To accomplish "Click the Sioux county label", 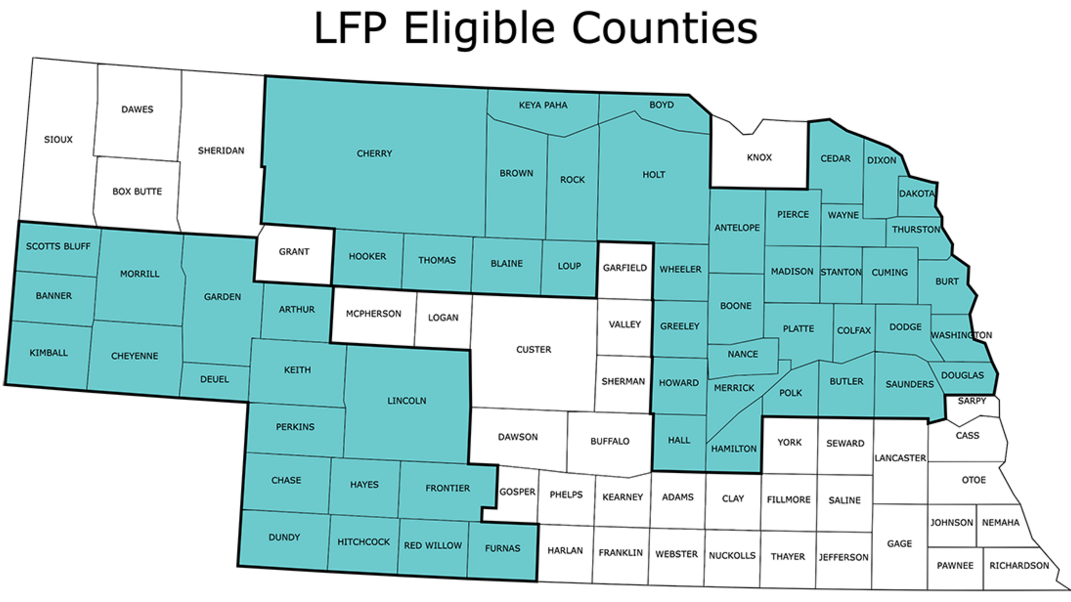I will tap(58, 140).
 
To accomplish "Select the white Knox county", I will tap(759, 157).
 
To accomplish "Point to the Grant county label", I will tap(294, 252).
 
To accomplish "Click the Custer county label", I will tap(533, 350).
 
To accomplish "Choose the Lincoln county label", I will tap(406, 401).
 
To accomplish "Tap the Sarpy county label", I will tap(972, 401).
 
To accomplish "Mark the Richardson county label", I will tap(1019, 566).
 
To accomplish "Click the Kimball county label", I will tap(48, 353).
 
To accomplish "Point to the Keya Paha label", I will tap(543, 105).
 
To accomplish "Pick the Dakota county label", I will tap(917, 193).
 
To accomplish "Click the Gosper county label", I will tap(517, 492).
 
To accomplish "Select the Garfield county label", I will tap(625, 268).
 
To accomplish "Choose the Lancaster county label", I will tap(900, 458).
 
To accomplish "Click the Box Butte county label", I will tap(137, 192).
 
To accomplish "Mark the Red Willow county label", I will tap(433, 545).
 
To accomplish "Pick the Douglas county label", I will tap(962, 376).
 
